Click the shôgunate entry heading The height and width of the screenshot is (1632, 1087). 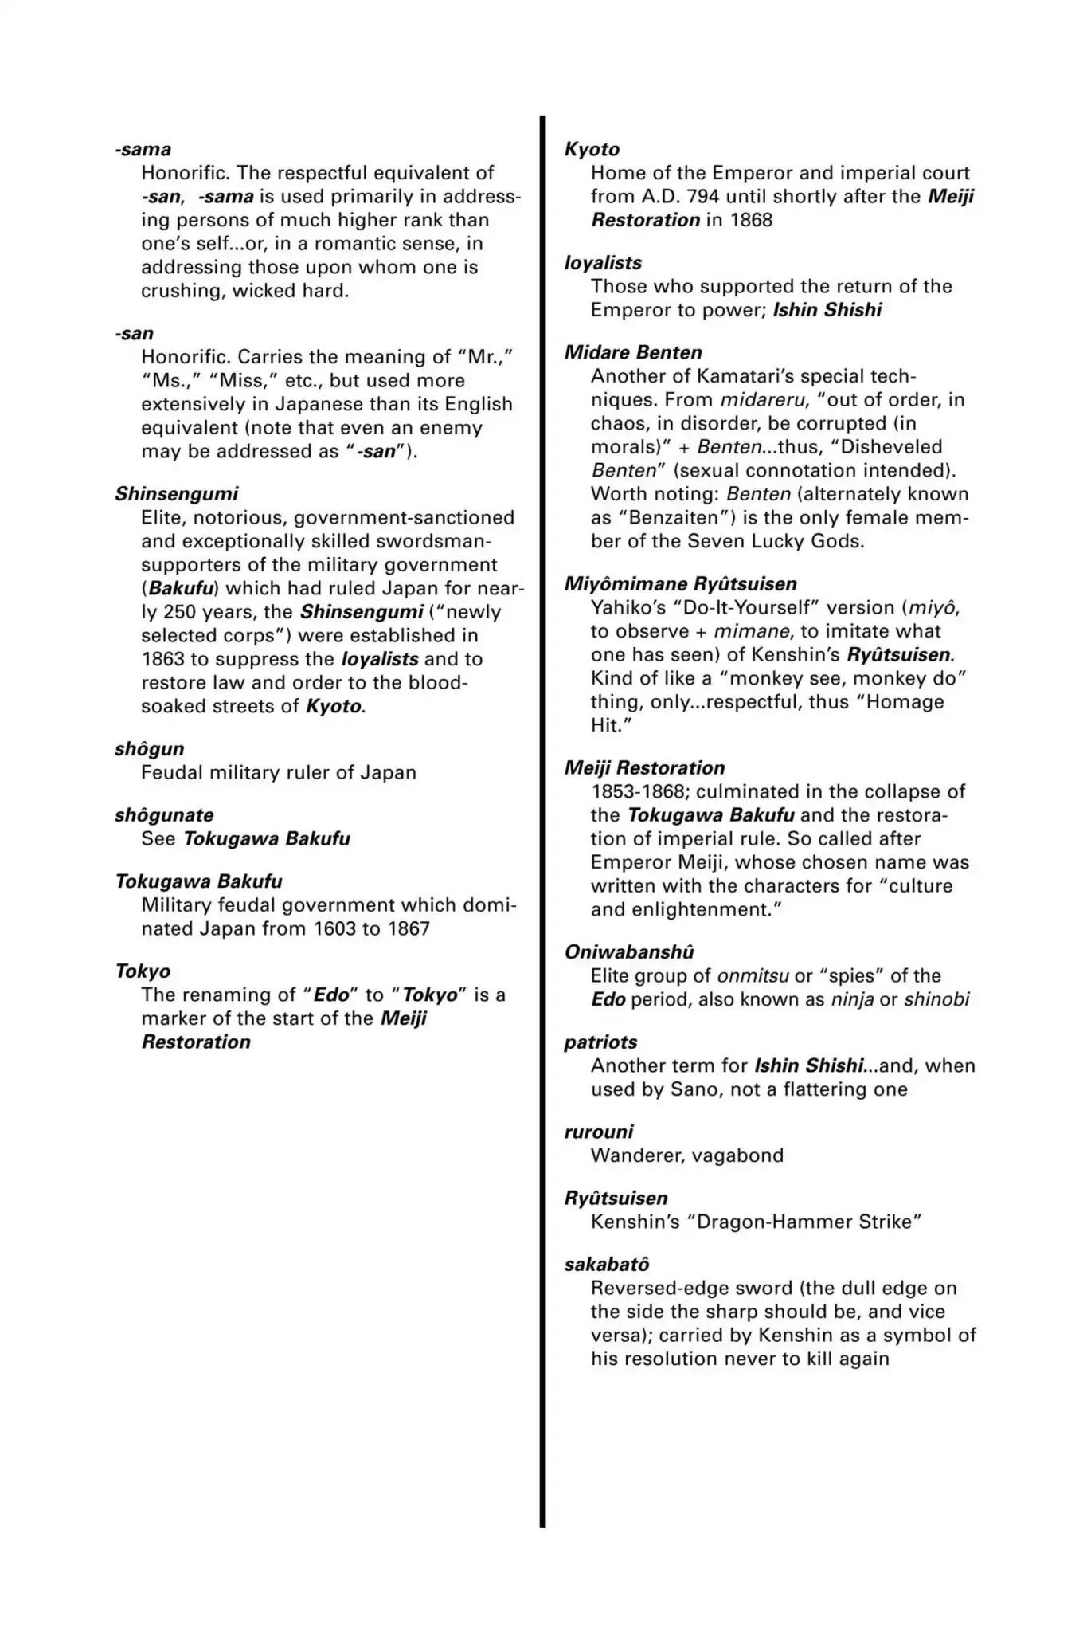point(164,815)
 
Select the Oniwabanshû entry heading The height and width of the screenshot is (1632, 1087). point(629,952)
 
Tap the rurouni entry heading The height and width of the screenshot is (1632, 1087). point(599,1132)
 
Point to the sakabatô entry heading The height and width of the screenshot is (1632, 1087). point(607,1265)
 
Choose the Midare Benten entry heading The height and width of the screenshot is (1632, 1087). point(633,353)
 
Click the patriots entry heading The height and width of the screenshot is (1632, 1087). point(600,1042)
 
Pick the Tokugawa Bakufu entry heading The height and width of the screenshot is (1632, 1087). point(198,881)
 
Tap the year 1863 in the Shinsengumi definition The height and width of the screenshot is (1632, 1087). point(163,660)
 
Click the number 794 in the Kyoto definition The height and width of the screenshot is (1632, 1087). point(703,197)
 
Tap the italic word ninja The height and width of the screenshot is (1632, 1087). point(852,999)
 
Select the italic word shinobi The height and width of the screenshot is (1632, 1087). point(936,999)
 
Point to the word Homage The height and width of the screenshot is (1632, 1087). point(905,702)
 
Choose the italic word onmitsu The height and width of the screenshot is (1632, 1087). point(753,976)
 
